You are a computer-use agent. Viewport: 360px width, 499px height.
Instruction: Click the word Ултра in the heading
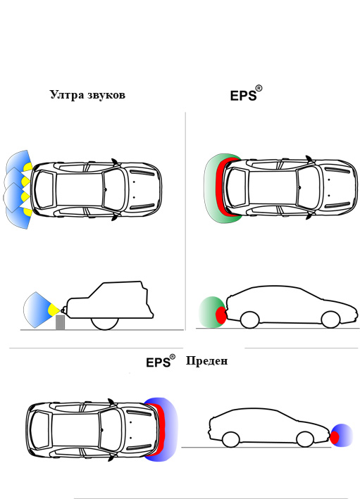coord(66,95)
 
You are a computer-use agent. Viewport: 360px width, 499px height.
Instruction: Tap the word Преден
coord(206,361)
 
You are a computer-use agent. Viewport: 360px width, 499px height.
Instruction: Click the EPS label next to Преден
coord(159,362)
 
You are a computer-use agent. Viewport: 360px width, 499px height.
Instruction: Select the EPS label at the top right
coord(244,96)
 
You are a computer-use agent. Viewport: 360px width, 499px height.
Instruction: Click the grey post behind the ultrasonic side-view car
coord(60,322)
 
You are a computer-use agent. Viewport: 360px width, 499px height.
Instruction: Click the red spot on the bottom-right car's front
coord(335,437)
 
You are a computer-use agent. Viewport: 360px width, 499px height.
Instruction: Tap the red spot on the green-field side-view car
coord(221,315)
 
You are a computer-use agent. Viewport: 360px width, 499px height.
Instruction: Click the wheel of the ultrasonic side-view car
coord(105,322)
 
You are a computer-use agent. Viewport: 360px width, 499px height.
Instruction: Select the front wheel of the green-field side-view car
coord(330,320)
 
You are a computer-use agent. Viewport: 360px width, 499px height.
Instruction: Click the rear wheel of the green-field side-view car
coord(249,320)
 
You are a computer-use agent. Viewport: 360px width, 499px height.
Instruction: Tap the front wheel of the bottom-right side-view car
coord(304,439)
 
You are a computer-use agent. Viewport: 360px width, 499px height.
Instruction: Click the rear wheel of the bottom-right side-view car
coord(230,440)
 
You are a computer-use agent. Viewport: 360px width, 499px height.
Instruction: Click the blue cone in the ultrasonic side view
coord(35,308)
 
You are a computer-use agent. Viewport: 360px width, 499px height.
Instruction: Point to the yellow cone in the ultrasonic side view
coord(53,310)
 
